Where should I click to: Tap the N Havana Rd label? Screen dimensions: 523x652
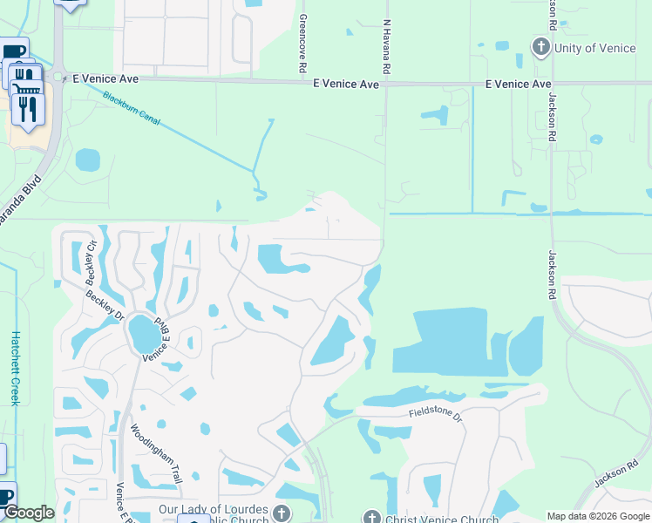click(x=385, y=47)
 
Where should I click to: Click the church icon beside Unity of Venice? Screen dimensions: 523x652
click(x=540, y=47)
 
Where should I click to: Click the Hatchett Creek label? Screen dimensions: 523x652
click(x=15, y=366)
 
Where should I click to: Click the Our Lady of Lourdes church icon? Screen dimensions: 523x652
click(x=281, y=512)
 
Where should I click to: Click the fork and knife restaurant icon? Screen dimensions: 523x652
click(x=28, y=108)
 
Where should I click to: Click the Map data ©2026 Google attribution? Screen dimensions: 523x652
click(x=599, y=516)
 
